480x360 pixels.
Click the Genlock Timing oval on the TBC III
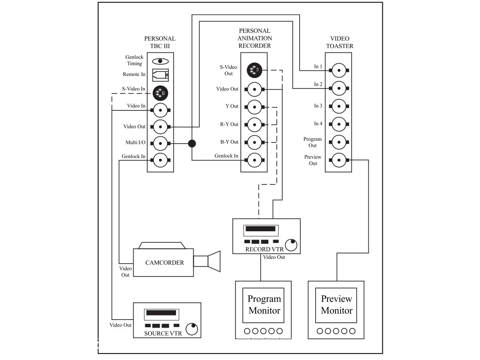tap(160, 61)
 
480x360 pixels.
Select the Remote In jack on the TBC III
tap(160, 74)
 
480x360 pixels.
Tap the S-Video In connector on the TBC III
tap(160, 93)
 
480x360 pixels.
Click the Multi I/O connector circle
tap(160, 143)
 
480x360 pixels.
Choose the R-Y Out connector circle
tap(254, 125)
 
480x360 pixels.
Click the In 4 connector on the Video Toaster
tap(339, 124)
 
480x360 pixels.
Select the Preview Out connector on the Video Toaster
tap(339, 160)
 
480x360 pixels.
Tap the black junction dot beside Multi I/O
tap(192, 143)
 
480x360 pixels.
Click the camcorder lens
tap(214, 261)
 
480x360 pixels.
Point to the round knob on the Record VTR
tap(292, 244)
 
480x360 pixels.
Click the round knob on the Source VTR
tap(192, 328)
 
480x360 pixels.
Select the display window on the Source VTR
tap(162, 313)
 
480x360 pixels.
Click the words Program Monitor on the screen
tap(264, 305)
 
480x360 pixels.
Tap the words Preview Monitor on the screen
tap(337, 305)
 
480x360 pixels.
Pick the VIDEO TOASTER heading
tap(340, 42)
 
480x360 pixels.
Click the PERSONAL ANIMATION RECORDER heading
tap(254, 38)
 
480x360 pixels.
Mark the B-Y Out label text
tap(229, 142)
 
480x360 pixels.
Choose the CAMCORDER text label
tap(164, 263)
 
